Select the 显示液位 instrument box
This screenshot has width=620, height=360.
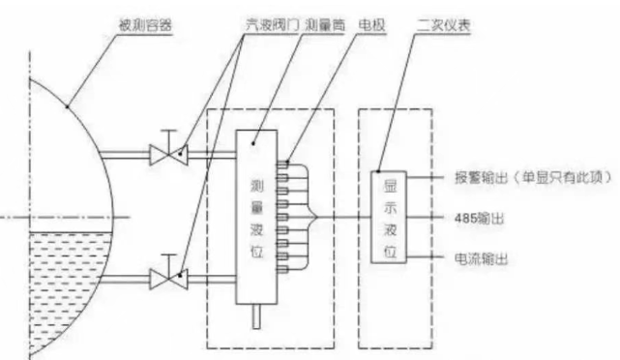pos(387,219)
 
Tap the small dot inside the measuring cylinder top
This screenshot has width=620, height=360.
pos(254,142)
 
